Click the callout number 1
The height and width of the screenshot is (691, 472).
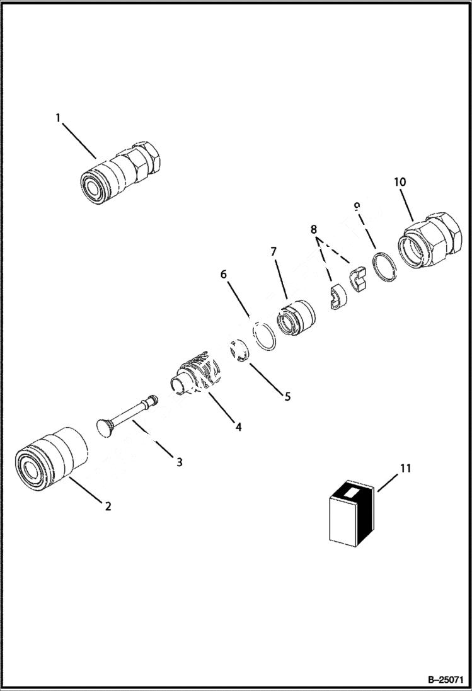coord(58,118)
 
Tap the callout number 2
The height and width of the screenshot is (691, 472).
coord(108,506)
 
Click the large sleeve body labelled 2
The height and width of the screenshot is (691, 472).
coord(50,458)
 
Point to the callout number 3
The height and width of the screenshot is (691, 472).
coord(180,462)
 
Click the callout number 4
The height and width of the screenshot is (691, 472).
coord(238,426)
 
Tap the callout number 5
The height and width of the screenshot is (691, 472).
coord(287,397)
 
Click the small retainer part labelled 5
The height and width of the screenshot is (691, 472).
coord(238,350)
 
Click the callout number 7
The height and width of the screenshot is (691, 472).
coord(273,251)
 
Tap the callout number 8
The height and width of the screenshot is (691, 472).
coord(313,231)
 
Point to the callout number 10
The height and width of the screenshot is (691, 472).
coord(400,181)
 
